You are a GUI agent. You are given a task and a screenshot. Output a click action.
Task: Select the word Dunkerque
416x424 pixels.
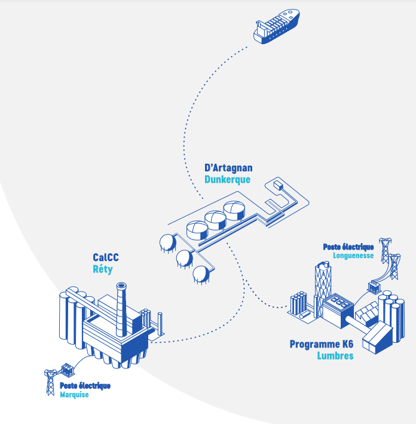[227, 179]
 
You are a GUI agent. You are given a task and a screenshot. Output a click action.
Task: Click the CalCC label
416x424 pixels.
[106, 257]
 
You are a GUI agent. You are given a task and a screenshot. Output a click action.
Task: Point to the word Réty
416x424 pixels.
[103, 269]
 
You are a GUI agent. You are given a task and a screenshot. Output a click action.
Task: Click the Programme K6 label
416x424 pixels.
[322, 345]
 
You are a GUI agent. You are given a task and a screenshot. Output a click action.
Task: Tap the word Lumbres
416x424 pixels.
[335, 356]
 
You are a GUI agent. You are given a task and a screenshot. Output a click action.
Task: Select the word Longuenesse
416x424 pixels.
[353, 255]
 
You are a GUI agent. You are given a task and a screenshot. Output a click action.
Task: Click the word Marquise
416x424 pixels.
[74, 394]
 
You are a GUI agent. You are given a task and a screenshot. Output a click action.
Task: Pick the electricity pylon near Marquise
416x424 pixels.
[50, 382]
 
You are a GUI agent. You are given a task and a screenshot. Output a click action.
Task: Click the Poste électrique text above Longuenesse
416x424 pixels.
[348, 247]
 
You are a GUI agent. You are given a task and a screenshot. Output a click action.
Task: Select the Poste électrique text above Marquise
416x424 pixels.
[85, 386]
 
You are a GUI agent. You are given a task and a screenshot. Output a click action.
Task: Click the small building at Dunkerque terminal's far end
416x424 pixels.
[279, 186]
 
